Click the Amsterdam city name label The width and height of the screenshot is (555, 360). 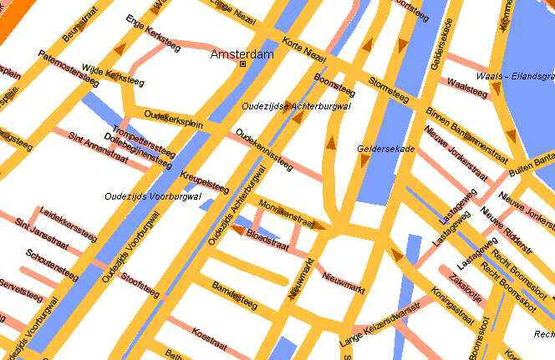coord(242,54)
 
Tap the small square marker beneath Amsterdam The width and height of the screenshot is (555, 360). coord(242,63)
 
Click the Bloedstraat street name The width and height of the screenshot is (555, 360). coord(268,238)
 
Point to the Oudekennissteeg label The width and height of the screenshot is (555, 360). coord(264,150)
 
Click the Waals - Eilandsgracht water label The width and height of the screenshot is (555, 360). coord(514,77)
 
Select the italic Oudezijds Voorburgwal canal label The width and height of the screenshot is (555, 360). coord(153,197)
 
